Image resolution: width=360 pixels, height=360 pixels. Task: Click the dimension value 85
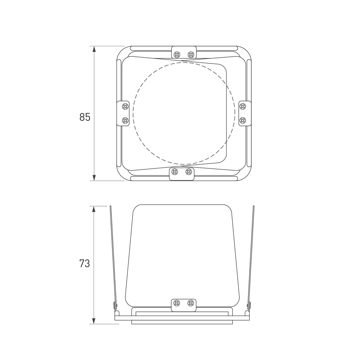[x=85, y=117]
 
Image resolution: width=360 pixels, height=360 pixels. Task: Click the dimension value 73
[x=85, y=264]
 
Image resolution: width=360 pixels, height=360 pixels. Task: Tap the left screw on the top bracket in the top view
[x=177, y=55]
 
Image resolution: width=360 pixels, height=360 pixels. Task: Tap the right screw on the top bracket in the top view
[x=191, y=55]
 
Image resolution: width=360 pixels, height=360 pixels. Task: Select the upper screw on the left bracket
[x=125, y=107]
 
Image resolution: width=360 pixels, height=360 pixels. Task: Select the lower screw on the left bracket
[x=125, y=121]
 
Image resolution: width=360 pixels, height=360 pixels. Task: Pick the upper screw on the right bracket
[x=242, y=107]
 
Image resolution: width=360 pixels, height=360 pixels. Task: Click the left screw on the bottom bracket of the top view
[x=175, y=172]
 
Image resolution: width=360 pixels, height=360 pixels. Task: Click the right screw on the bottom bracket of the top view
[x=189, y=172]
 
